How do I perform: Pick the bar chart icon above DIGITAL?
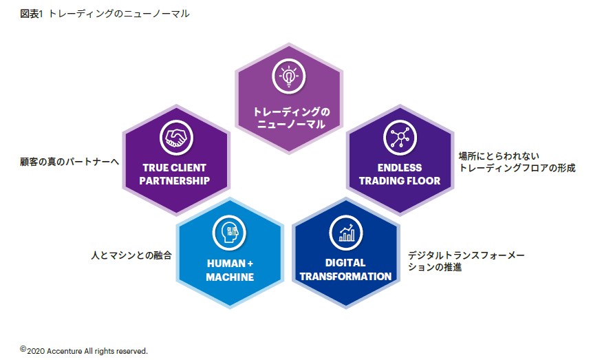[x=346, y=232]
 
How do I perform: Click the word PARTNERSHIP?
[x=175, y=181]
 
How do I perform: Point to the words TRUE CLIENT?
[x=175, y=167]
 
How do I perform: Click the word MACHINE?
[x=230, y=277]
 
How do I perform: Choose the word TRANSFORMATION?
[x=346, y=277]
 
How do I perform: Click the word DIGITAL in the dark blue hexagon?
[x=346, y=263]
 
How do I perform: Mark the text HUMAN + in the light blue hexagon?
[x=230, y=263]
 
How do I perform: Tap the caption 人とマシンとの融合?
[x=131, y=255]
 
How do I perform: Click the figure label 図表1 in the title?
[x=32, y=13]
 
